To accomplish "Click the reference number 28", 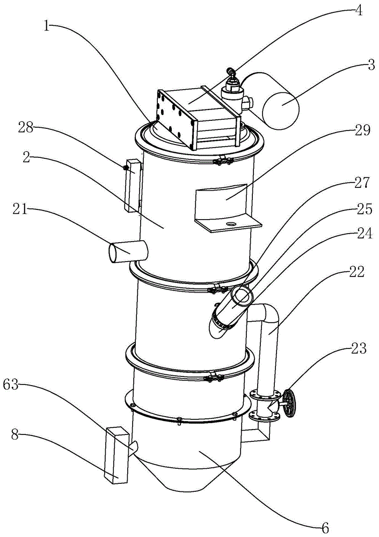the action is (x=26, y=128).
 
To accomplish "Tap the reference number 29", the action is (x=362, y=130).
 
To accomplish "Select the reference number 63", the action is (x=11, y=384).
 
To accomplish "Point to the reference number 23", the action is (x=359, y=349).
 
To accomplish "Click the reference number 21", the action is (x=20, y=209).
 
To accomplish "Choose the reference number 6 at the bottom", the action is (x=325, y=527).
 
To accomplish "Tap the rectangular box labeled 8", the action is (x=117, y=455).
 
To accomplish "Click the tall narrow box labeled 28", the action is (x=133, y=185).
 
